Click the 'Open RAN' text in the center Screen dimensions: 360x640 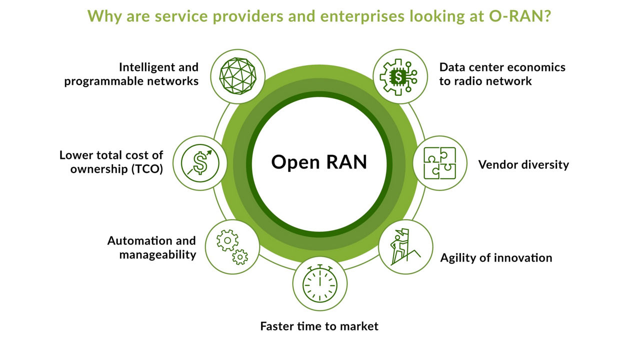(319, 162)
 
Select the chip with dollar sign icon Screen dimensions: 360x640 (399, 76)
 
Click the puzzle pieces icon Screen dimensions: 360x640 (439, 163)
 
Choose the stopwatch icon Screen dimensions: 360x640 (319, 284)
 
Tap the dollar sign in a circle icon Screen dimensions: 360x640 (200, 163)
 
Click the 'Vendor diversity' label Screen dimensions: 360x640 (523, 164)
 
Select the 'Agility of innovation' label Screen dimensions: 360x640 (496, 258)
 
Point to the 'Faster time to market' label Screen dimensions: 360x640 (319, 326)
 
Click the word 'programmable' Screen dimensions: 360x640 (96, 81)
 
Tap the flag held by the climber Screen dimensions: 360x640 (405, 233)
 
